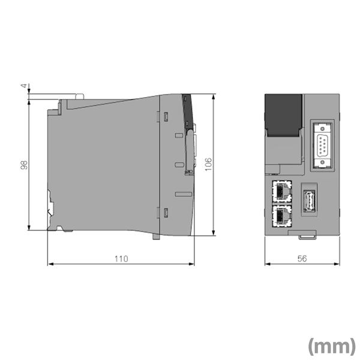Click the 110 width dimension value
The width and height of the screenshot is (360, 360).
(x=121, y=259)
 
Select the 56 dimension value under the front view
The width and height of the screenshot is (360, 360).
(x=303, y=259)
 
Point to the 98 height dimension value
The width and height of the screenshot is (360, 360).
(x=25, y=164)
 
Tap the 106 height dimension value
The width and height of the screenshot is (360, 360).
(x=208, y=164)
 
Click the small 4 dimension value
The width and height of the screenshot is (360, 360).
(x=25, y=87)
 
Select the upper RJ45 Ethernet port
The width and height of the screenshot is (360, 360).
(x=281, y=191)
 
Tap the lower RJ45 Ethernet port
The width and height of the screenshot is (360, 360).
(x=281, y=215)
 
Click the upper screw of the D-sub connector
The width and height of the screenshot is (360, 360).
(x=323, y=128)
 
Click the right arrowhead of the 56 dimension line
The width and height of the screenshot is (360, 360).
(x=339, y=263)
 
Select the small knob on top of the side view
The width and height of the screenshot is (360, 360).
(x=78, y=97)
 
